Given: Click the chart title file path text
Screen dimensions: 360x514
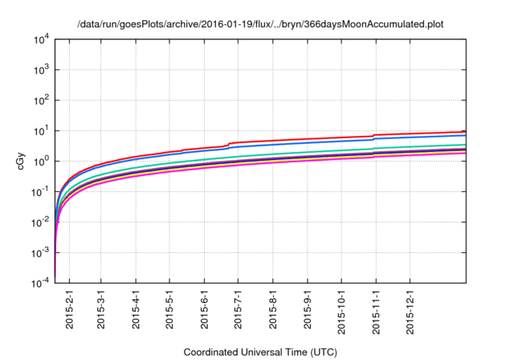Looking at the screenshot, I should point(259,25).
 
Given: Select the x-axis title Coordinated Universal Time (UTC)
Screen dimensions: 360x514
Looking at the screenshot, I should point(259,352).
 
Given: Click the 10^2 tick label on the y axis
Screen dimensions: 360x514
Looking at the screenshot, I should point(43,100).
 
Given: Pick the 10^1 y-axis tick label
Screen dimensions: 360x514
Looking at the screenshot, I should point(43,131).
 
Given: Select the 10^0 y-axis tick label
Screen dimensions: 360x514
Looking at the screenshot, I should point(43,162).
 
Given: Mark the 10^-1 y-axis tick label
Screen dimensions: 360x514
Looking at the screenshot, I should point(41,192).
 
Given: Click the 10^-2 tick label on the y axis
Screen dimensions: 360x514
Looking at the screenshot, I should point(41,223).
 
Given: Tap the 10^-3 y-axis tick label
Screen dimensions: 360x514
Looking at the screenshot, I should point(41,252).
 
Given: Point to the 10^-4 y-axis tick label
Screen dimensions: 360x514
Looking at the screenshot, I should point(41,283).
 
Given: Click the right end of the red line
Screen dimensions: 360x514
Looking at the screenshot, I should point(466,131).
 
